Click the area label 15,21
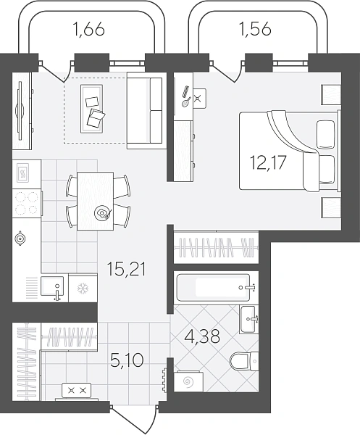(x=127, y=268)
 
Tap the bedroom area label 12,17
(x=268, y=162)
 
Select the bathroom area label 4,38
(x=201, y=336)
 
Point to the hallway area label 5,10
(x=127, y=360)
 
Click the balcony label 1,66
(x=88, y=29)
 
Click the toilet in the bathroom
(x=244, y=360)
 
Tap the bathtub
(x=214, y=287)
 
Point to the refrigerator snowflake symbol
(x=83, y=289)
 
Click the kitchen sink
(x=52, y=286)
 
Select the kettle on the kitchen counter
(x=20, y=239)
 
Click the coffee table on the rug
(x=92, y=109)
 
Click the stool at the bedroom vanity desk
(x=199, y=98)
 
